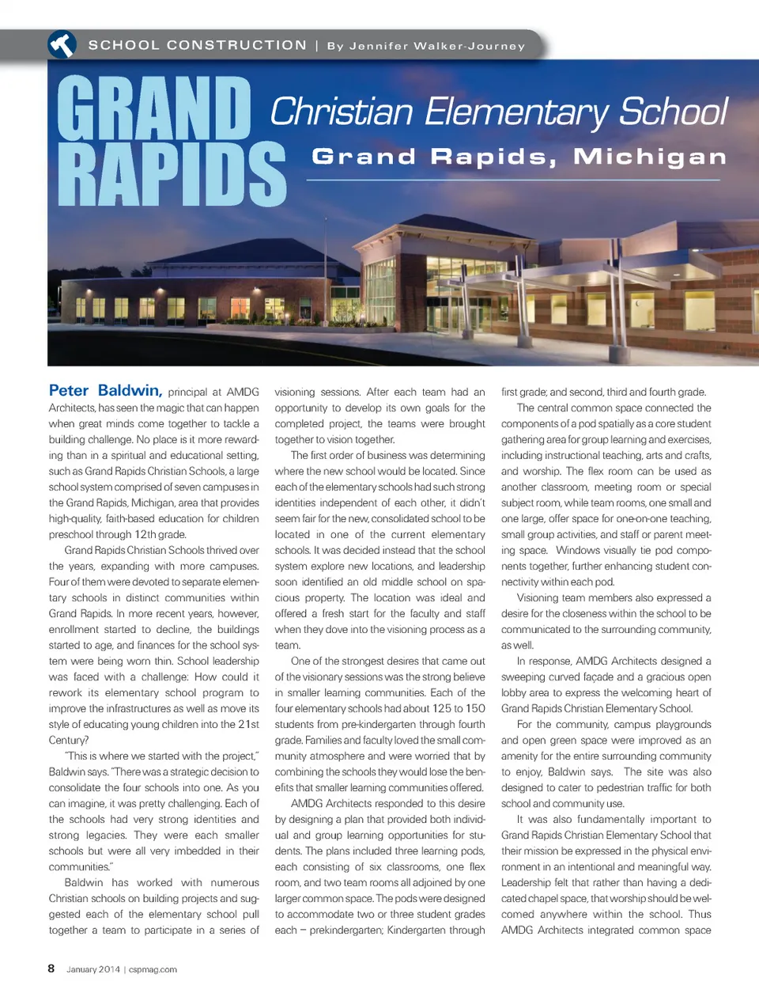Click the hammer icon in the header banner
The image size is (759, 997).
click(62, 45)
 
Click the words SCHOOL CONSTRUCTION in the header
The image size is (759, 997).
click(197, 45)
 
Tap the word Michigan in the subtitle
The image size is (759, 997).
click(649, 156)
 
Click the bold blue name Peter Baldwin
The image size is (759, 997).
click(105, 390)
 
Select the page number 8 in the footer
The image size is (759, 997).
click(51, 969)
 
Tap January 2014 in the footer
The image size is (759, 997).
click(93, 969)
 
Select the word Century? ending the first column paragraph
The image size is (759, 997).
click(69, 740)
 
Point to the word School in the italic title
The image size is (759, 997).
click(673, 112)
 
